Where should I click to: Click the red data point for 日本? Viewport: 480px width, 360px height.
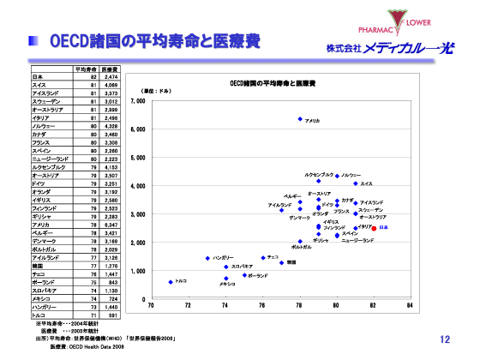[374, 228]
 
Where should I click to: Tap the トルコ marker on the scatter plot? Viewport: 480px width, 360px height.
[171, 281]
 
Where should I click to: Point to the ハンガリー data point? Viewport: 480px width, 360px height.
[207, 258]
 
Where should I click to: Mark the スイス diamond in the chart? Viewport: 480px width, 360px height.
[356, 183]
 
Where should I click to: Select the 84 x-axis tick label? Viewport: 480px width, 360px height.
[411, 305]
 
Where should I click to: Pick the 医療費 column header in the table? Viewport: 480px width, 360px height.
[109, 69]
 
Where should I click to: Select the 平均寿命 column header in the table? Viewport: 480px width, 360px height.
[85, 69]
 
